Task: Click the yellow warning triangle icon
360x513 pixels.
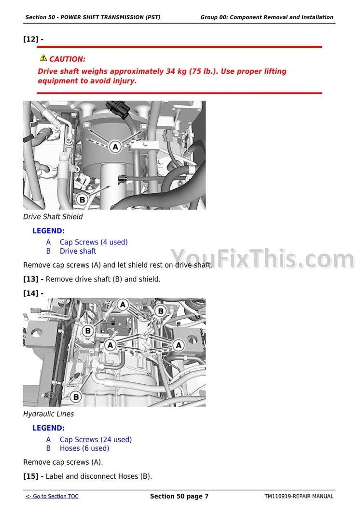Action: [43, 58]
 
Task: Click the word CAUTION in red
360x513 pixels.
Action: [67, 59]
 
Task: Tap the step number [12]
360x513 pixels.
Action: [31, 39]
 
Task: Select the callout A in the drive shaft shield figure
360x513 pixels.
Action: [115, 147]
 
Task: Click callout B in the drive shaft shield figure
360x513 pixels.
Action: [82, 199]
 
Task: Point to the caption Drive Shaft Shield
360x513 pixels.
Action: [53, 216]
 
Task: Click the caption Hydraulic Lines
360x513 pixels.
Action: [48, 414]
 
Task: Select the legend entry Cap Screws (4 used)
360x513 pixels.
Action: [94, 242]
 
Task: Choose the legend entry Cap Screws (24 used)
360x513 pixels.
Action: [96, 439]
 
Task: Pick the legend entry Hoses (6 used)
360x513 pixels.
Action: [84, 448]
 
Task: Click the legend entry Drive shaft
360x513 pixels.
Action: [78, 251]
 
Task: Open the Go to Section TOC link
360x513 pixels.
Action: [52, 496]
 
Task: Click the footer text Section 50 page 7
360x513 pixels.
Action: [179, 496]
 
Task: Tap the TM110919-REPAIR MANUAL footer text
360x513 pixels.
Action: [299, 496]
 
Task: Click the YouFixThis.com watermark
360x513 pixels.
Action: [263, 259]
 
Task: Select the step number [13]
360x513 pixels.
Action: [31, 280]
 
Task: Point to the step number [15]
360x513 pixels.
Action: [31, 476]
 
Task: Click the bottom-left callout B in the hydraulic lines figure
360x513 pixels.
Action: [76, 397]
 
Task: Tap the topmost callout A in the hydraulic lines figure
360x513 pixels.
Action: [123, 305]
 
